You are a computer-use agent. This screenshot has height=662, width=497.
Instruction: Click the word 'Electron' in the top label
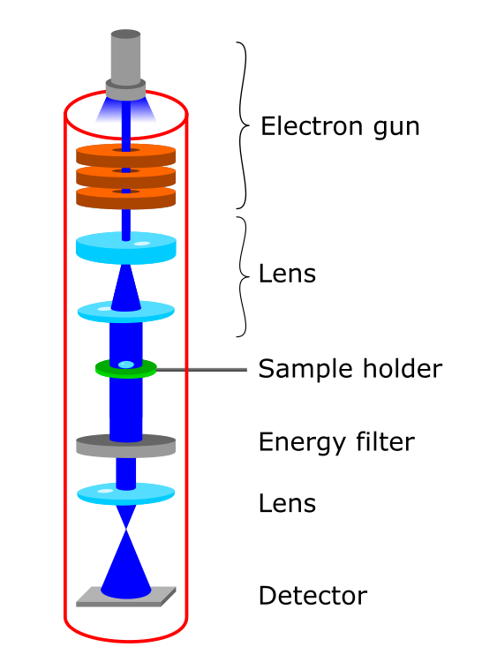(312, 126)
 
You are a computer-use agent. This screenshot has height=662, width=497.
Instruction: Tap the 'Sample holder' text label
(350, 369)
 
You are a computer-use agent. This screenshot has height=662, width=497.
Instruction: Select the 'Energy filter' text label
(336, 442)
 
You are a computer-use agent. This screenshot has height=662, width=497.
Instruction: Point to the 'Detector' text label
(313, 595)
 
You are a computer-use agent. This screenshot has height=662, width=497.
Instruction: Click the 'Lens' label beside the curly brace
(287, 273)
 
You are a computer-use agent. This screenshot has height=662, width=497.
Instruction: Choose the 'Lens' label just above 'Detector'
(287, 503)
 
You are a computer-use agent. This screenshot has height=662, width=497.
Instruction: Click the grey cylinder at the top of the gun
(126, 57)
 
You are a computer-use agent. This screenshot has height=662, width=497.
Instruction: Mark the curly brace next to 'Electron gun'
(241, 125)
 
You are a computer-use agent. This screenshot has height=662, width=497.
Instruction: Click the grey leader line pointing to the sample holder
(201, 370)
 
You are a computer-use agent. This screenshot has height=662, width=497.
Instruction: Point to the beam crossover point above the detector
(126, 529)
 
